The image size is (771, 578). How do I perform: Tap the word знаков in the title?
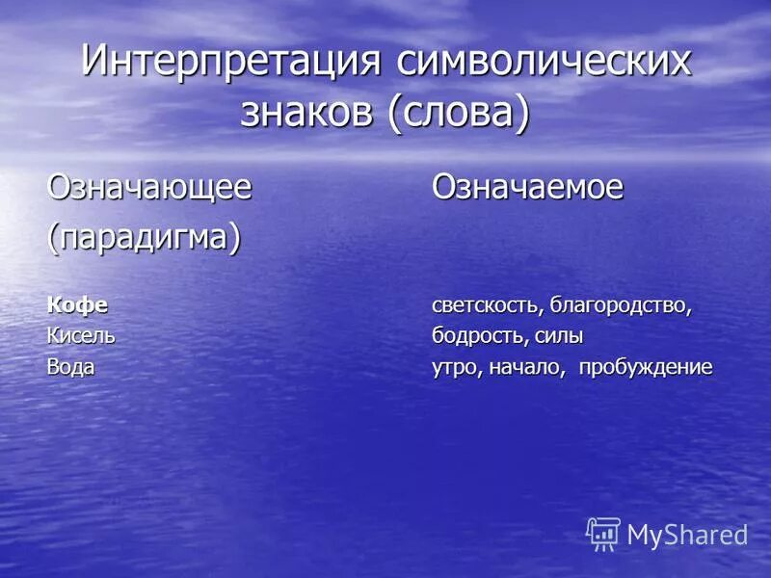click(308, 113)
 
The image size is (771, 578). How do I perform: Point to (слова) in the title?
click(459, 113)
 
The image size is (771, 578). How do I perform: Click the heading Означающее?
click(150, 187)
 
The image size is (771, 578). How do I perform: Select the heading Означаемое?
click(527, 187)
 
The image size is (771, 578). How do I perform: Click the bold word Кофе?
click(78, 306)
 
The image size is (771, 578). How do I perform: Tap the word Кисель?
click(82, 336)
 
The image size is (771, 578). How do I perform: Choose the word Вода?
click(72, 367)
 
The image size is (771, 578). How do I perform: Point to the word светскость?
click(484, 306)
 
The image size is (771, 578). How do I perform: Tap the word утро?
click(456, 367)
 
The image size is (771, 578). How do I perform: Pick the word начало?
click(526, 367)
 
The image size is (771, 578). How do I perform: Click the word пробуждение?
click(646, 367)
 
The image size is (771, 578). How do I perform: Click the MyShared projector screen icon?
click(603, 534)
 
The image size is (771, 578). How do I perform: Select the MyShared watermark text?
click(687, 536)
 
